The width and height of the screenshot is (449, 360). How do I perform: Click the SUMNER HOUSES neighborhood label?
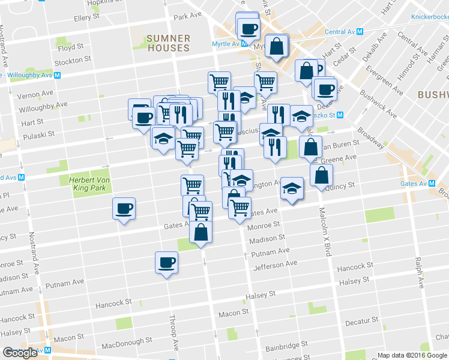[x=169, y=43]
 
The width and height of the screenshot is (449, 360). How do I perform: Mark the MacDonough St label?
[x=125, y=346]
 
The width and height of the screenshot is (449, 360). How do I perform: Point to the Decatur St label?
[x=362, y=320]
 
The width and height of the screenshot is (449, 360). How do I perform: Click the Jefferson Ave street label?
[x=276, y=263]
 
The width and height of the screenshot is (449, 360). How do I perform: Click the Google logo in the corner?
[x=20, y=353]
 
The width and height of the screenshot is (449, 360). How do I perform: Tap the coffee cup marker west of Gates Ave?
[x=124, y=209]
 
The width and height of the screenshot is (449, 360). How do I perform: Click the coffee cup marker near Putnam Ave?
[x=166, y=262]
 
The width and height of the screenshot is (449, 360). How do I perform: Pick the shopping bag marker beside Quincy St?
[x=322, y=175]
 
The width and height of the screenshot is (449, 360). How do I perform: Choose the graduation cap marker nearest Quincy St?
[x=292, y=188]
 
